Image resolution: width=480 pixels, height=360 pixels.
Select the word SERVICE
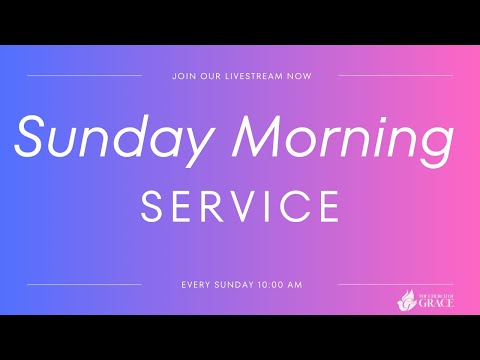(240, 207)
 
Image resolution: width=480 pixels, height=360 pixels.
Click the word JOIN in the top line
(183, 75)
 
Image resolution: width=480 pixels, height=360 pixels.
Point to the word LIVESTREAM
(253, 75)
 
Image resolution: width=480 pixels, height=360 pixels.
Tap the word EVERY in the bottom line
(196, 285)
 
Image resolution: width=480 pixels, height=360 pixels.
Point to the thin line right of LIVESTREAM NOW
(396, 75)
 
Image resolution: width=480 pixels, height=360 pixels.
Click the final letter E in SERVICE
(328, 207)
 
